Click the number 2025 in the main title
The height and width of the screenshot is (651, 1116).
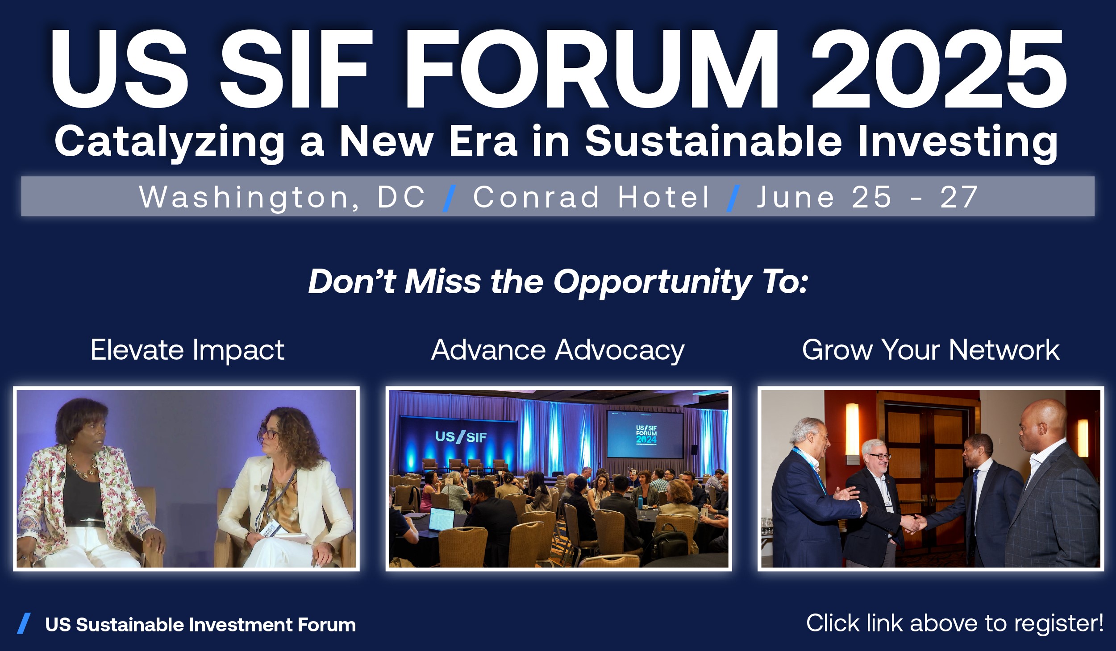pyautogui.click(x=939, y=69)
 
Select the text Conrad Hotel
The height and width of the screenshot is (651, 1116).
pyautogui.click(x=591, y=197)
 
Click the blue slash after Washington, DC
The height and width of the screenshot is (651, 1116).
pyautogui.click(x=449, y=198)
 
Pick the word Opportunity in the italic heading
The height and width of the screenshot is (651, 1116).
pyautogui.click(x=653, y=283)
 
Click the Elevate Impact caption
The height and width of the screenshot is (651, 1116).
pyautogui.click(x=187, y=350)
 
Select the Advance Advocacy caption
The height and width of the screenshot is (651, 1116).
pyautogui.click(x=558, y=351)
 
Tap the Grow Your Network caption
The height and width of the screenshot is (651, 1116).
pyautogui.click(x=931, y=350)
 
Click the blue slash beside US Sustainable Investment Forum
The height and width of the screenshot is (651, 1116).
pyautogui.click(x=24, y=623)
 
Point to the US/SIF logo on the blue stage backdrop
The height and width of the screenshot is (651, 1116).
pyautogui.click(x=461, y=437)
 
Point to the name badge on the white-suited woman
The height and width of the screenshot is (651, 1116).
pyautogui.click(x=269, y=528)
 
